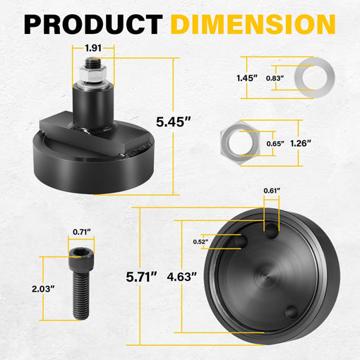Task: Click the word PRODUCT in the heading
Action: (93, 24)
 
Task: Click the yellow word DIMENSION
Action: (253, 24)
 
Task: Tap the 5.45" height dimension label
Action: (174, 122)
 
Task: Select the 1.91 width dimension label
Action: (93, 48)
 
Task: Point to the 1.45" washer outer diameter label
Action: (247, 78)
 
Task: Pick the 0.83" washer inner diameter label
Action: (275, 78)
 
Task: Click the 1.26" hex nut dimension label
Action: (301, 143)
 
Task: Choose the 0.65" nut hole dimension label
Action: (275, 143)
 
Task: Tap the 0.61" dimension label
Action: (272, 191)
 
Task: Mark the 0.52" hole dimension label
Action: (200, 241)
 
